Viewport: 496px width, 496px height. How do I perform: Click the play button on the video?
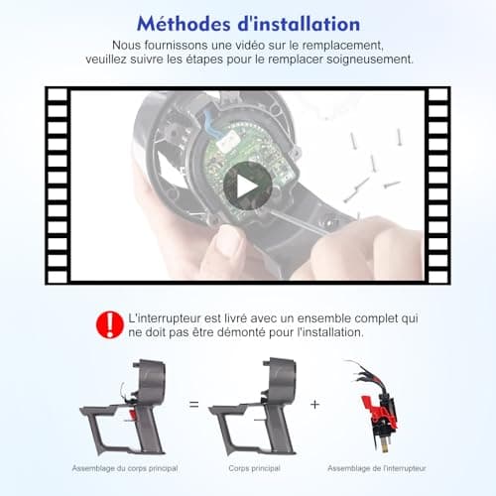(247, 186)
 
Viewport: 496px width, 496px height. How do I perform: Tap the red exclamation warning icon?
(110, 324)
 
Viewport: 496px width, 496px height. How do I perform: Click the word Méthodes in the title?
(184, 24)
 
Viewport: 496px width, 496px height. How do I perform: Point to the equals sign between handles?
(194, 404)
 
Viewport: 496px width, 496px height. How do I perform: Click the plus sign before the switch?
(314, 404)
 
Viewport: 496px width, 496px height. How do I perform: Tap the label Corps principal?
(254, 468)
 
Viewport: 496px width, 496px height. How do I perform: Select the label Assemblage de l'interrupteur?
(377, 468)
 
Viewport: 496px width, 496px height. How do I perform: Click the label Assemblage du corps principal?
(125, 468)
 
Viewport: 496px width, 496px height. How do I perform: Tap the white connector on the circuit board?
(229, 139)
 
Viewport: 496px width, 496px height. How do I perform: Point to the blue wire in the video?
(210, 123)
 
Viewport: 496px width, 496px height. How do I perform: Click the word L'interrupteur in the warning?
(165, 318)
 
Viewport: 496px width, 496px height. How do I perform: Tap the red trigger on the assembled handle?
(132, 415)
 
